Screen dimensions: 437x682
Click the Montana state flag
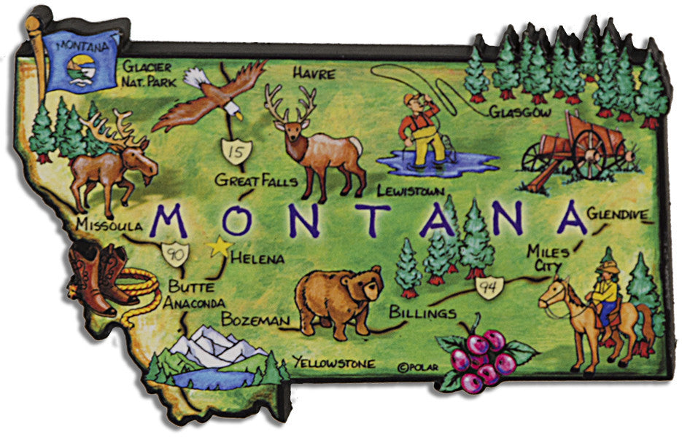80,63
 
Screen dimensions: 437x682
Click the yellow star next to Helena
217,248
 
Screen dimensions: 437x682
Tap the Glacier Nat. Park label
149,74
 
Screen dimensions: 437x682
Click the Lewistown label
411,191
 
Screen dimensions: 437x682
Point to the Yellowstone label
333,362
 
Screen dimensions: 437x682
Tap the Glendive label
618,214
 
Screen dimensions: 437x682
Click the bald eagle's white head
232,110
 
